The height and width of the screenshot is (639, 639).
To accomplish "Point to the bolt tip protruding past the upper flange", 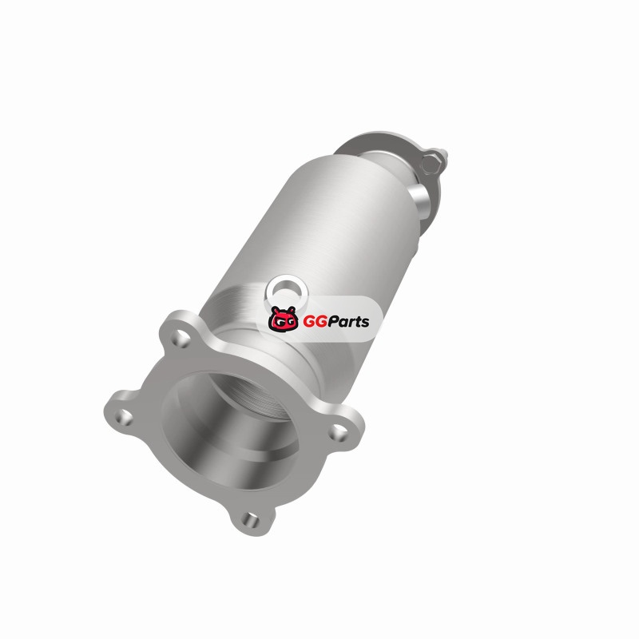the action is pyautogui.click(x=445, y=155).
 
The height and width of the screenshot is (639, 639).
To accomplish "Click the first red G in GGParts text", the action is pyautogui.click(x=308, y=322).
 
